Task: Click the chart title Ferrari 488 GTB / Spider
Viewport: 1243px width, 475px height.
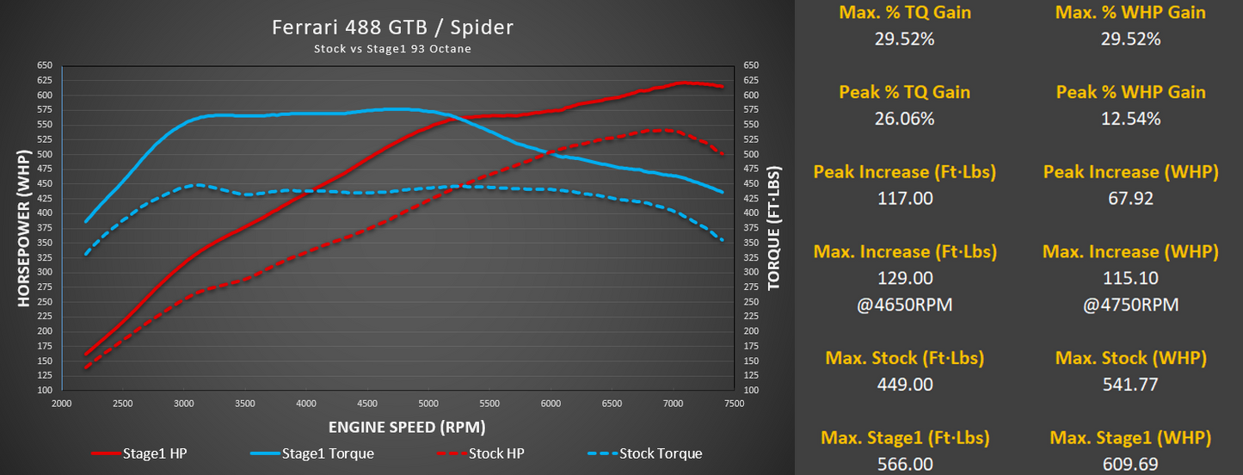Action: [x=392, y=28]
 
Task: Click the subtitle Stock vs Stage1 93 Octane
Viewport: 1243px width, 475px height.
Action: [x=392, y=49]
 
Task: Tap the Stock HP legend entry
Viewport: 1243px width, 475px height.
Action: [x=491, y=453]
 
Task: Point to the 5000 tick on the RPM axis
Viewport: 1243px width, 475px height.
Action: [x=428, y=403]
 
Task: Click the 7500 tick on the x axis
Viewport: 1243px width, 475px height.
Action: [x=734, y=403]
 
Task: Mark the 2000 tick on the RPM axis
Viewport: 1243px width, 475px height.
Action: [x=62, y=403]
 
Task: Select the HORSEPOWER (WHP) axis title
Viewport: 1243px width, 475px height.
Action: [x=23, y=228]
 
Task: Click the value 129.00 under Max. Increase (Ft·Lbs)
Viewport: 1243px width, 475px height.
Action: [x=904, y=279]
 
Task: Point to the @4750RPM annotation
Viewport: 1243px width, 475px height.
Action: [x=1130, y=305]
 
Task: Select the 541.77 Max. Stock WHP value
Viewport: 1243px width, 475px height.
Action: [x=1130, y=385]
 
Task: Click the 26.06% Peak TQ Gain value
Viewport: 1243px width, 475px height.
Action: [x=904, y=119]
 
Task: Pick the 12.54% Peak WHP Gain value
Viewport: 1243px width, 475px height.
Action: [x=1130, y=119]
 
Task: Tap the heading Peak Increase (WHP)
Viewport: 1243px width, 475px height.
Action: [x=1130, y=172]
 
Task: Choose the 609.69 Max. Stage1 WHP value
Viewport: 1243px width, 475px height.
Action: [x=1130, y=465]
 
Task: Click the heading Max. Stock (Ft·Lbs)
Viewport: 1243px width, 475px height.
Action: [x=904, y=358]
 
